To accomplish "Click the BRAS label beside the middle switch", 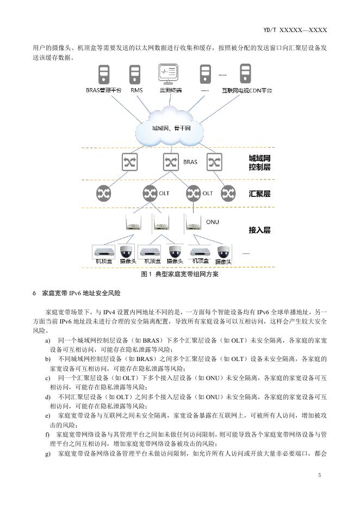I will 190,162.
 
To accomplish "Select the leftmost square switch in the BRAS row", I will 130,162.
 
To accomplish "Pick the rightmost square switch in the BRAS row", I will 215,162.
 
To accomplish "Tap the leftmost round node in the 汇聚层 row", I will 103,193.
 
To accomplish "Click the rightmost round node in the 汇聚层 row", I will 228,193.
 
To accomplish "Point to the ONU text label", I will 213,222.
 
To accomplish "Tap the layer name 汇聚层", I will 259,194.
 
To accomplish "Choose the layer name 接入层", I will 259,230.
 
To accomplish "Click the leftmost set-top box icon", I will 104,252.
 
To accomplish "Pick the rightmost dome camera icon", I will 223,252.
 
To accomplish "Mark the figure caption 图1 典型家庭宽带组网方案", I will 179,275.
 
